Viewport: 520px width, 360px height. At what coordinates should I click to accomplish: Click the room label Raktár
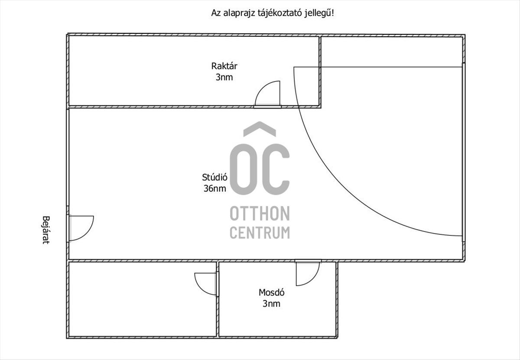[x=224, y=66]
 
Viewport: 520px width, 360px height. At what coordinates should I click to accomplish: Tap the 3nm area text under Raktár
[x=224, y=77]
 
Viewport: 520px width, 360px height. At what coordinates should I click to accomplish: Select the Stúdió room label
[x=214, y=177]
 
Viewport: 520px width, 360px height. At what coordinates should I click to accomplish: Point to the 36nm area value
[x=215, y=188]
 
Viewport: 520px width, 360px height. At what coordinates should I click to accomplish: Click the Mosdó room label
[x=271, y=292]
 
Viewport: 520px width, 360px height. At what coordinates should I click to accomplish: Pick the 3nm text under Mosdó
[x=271, y=304]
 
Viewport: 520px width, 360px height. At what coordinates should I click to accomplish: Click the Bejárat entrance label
[x=46, y=230]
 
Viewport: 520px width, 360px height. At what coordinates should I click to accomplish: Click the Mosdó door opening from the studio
[x=313, y=279]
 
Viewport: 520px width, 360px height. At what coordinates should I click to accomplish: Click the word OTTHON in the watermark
[x=260, y=213]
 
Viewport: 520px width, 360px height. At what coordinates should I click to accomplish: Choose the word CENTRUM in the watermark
[x=260, y=233]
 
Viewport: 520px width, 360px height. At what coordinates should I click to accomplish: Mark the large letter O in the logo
[x=244, y=169]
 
